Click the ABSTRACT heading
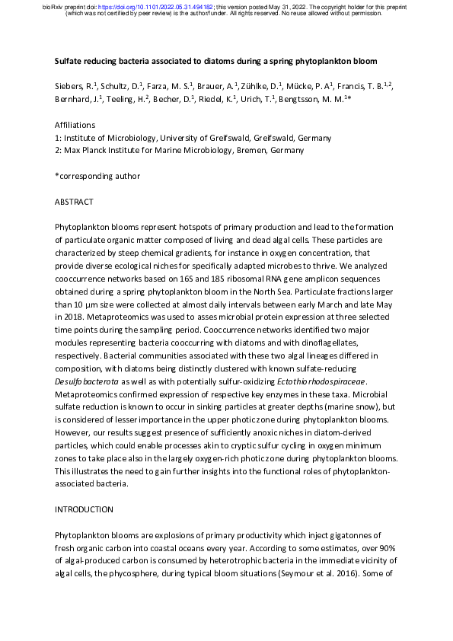(75, 202)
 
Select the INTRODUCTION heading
(83, 509)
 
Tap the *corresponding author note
(97, 176)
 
